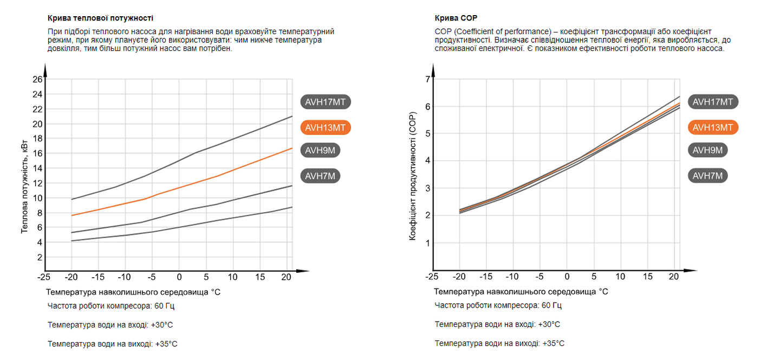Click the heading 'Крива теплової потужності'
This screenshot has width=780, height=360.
pos(100,18)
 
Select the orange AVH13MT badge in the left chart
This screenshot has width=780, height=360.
pos(325,128)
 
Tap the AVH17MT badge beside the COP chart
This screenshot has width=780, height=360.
pos(713,102)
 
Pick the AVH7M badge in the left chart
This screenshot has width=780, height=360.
pos(320,176)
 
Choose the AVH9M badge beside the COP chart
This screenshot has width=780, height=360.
pos(707,150)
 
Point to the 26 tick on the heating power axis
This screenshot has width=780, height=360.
pos(37,80)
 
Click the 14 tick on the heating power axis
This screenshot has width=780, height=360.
pos(37,168)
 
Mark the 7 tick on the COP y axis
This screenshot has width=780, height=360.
pos(427,80)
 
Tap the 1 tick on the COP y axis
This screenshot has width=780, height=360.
pos(427,243)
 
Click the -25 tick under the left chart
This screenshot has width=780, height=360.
pos(44,277)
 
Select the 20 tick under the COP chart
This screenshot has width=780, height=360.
pos(674,277)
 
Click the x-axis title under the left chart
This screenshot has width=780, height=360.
pos(133,292)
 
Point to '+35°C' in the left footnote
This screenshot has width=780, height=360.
pos(166,344)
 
